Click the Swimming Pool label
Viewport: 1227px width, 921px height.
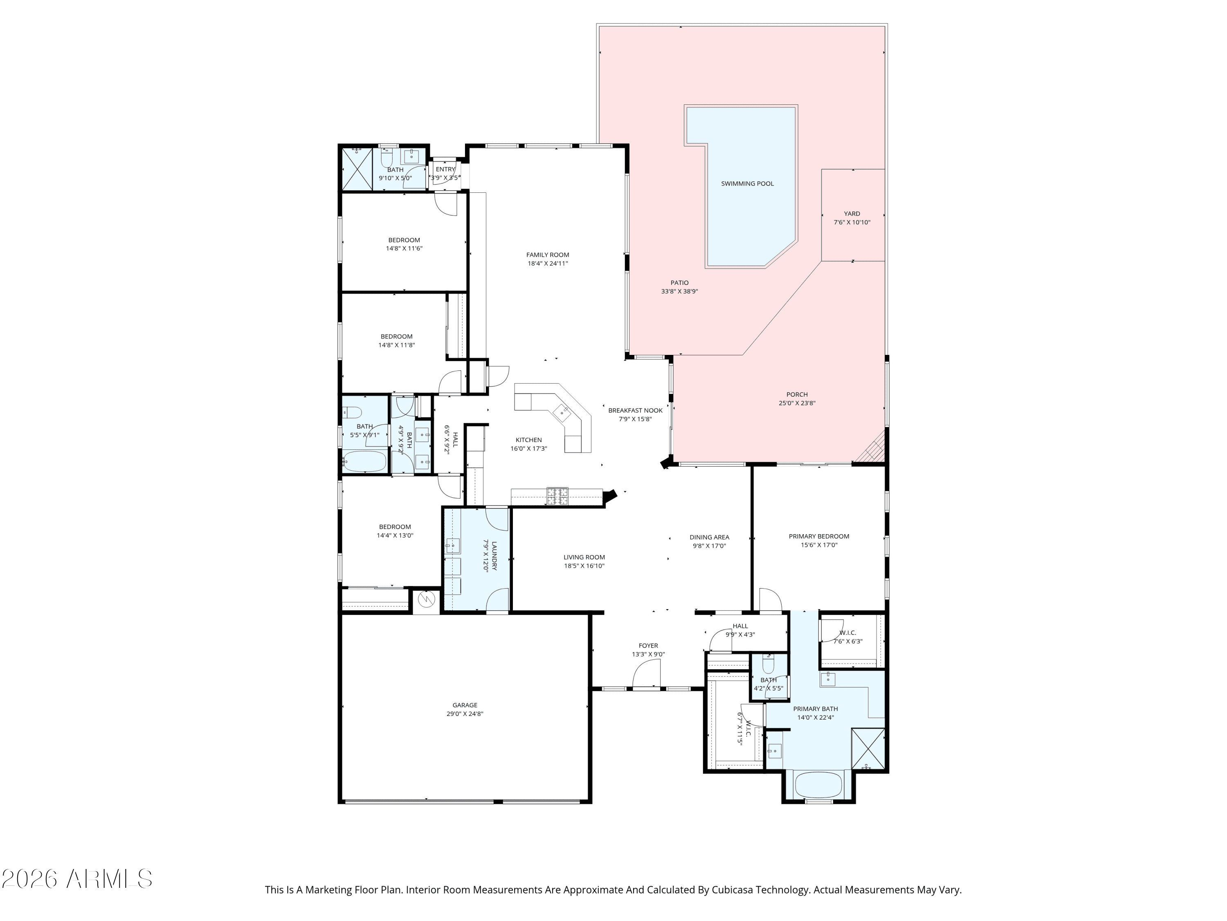747,184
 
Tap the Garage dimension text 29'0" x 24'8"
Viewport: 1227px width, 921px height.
465,714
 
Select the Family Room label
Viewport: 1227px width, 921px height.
548,255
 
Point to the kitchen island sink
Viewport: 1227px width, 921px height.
563,411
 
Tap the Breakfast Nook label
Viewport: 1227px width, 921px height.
635,411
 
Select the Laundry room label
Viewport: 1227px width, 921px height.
494,556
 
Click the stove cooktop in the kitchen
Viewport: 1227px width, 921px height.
557,496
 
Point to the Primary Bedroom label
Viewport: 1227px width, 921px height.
819,536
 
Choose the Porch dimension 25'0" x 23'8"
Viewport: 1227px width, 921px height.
797,404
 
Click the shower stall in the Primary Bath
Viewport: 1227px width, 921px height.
867,748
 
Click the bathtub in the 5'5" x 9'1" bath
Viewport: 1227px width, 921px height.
364,461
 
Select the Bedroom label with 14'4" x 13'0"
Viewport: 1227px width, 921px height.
395,527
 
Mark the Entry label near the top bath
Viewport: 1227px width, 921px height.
445,169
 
